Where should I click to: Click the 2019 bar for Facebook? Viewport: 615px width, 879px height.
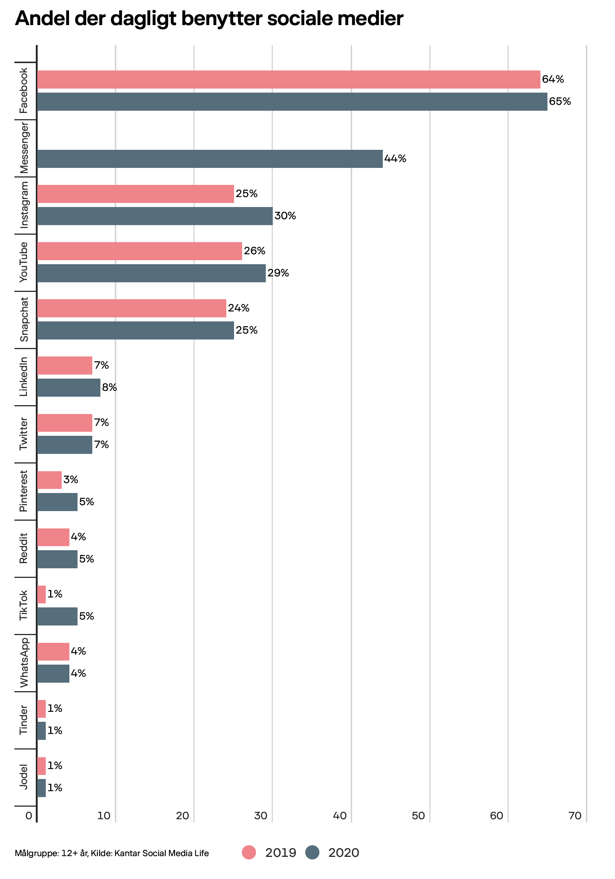288,79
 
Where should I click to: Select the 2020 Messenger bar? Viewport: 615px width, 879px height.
210,159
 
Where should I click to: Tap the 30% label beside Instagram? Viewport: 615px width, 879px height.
285,216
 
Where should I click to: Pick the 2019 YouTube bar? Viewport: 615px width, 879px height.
140,251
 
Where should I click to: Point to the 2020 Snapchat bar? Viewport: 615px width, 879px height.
135,330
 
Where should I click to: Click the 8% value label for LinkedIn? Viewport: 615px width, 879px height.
109,387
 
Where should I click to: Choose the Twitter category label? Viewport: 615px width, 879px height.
24,433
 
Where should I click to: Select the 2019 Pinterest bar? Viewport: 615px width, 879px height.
49,480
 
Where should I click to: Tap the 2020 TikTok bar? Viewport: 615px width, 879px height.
57,616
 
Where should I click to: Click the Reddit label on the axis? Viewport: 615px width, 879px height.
24,548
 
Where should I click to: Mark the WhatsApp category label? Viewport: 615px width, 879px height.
24,662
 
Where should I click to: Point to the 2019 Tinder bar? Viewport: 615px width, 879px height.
41,709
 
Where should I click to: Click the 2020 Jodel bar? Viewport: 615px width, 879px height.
41,788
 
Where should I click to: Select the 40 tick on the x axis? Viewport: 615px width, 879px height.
339,816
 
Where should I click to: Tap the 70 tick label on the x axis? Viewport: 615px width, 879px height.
575,816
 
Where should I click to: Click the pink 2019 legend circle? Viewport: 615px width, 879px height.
249,852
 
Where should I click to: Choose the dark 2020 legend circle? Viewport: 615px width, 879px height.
312,852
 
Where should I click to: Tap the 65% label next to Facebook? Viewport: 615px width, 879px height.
560,101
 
